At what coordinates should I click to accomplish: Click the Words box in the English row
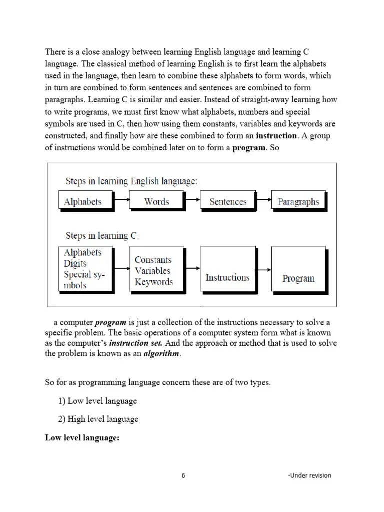156,202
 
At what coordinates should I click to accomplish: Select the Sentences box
228,202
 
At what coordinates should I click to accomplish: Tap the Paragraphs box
298,202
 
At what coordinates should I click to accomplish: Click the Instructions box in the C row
227,277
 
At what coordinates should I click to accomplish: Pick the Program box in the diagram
298,278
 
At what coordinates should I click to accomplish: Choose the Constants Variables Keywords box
153,271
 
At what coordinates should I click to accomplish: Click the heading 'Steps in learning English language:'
131,181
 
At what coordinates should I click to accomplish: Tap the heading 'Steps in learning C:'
102,235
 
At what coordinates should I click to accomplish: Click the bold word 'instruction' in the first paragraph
276,136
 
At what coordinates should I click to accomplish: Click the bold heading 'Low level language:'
82,437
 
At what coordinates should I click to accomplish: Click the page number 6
183,475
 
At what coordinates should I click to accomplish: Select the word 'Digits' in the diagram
75,263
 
